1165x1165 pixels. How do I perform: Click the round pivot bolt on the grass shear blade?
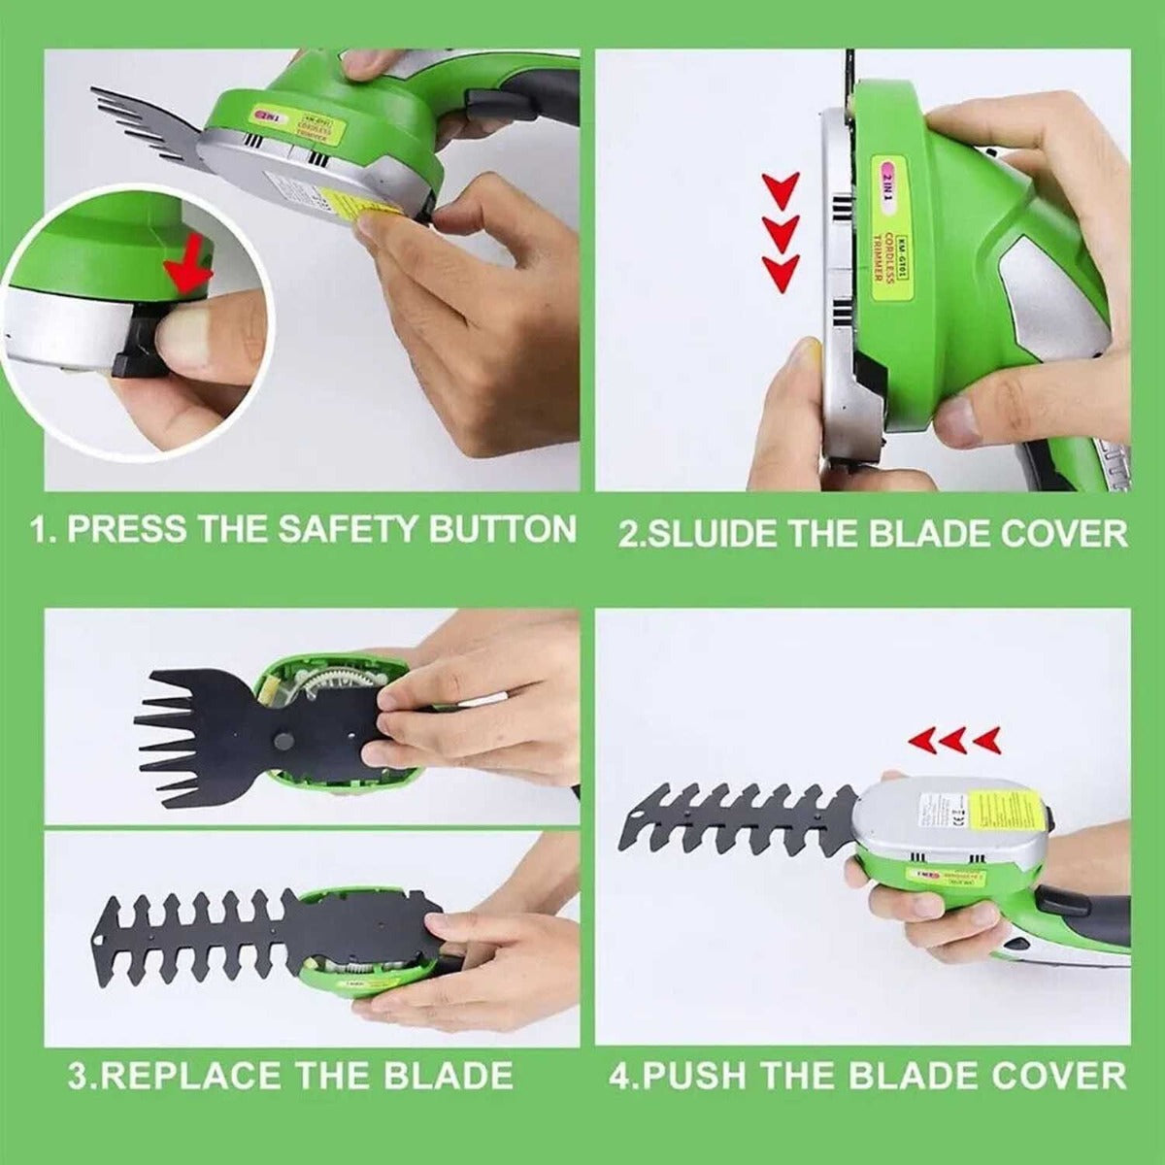pyautogui.click(x=283, y=741)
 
